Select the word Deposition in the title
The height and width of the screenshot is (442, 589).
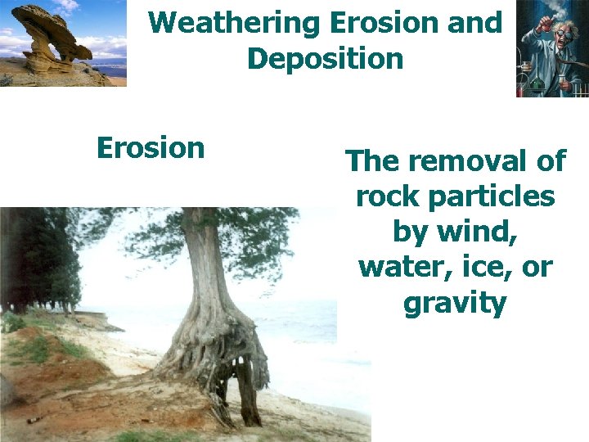coord(325,59)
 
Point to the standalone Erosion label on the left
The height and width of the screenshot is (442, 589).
coord(150,148)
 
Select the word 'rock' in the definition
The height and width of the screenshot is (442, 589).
coord(388,197)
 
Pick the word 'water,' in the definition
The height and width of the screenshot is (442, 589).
coord(401,268)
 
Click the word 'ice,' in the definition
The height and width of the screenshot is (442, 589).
coord(487,268)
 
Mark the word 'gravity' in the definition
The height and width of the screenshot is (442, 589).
coord(455,304)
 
